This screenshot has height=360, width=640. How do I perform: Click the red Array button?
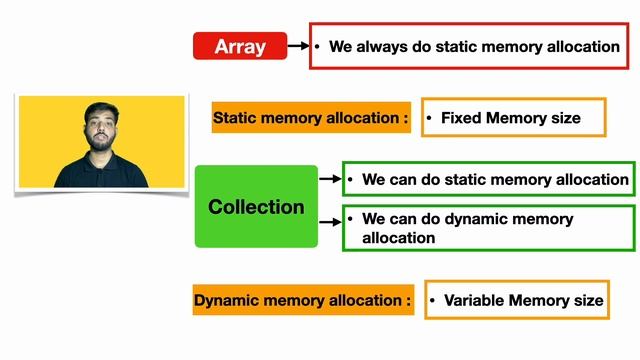(x=240, y=46)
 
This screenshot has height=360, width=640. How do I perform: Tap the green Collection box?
(x=256, y=207)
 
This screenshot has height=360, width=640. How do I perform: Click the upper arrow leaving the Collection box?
(x=331, y=180)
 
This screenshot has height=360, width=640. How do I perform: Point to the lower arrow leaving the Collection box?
(x=331, y=220)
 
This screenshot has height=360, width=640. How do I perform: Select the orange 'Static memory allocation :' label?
(x=311, y=118)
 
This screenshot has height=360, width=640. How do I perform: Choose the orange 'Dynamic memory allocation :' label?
(x=302, y=299)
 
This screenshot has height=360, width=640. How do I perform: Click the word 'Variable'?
(x=475, y=300)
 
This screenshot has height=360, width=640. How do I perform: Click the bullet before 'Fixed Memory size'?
(x=430, y=118)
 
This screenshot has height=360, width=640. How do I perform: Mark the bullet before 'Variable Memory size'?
(x=433, y=300)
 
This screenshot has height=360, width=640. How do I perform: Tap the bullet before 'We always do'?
(x=318, y=46)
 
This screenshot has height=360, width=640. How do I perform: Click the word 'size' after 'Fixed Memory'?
(x=564, y=118)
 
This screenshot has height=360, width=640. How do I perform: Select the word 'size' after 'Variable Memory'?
(x=587, y=300)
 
